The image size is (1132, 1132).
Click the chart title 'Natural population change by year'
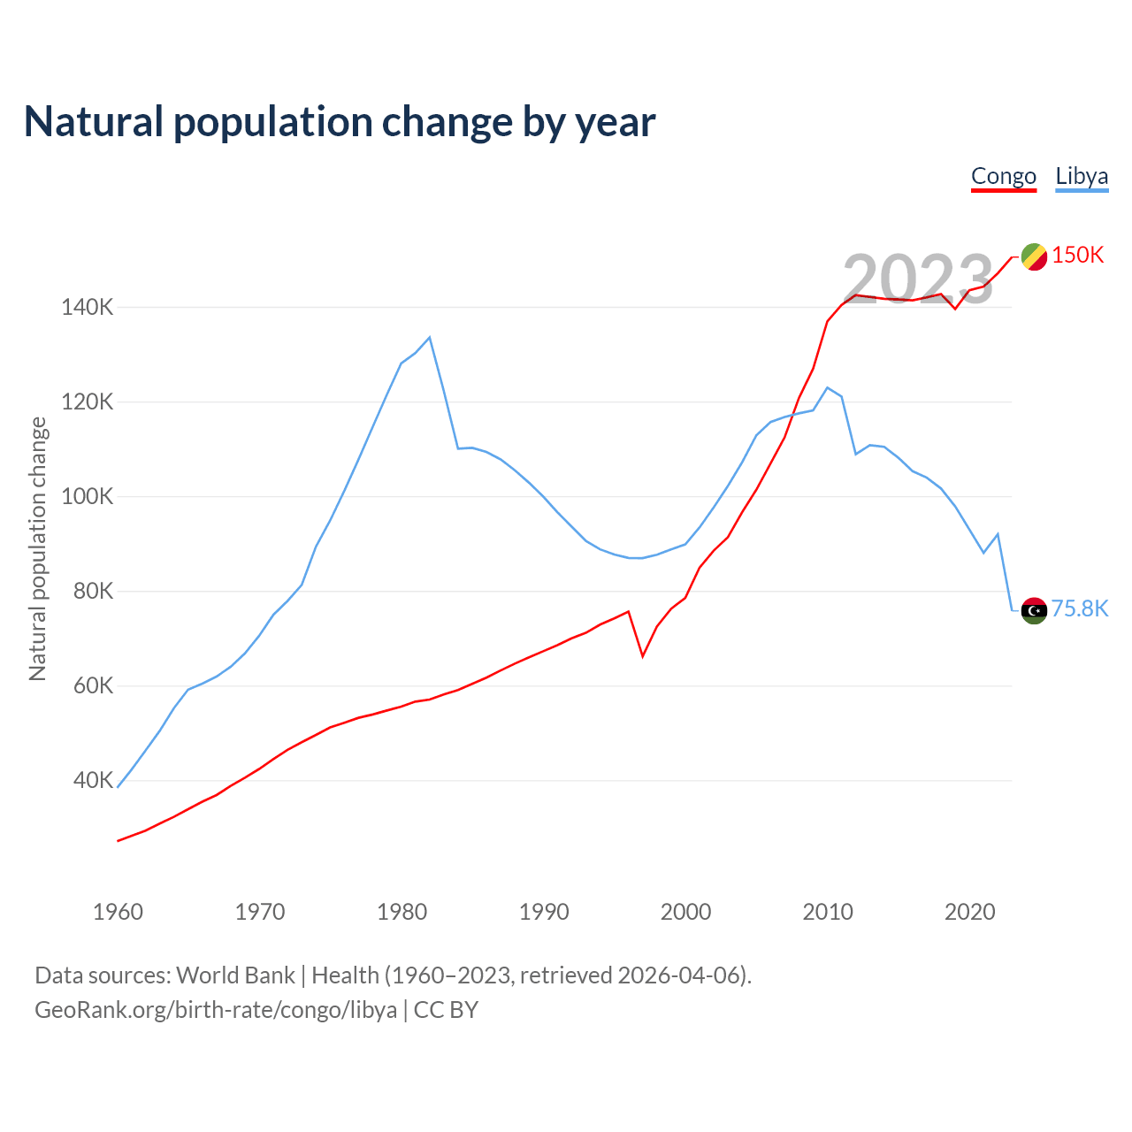340,122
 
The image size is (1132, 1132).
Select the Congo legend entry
1003,176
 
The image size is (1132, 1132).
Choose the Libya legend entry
1081,176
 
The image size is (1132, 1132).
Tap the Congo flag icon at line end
1034,256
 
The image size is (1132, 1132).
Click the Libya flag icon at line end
1034,610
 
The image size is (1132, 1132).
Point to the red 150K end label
1078,255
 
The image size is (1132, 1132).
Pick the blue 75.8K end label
1079,608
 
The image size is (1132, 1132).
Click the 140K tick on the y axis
88,308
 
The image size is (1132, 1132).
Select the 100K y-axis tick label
88,497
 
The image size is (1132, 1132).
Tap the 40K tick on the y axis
93,781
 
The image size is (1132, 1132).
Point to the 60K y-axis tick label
93,686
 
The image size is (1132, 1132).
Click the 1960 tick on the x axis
118,912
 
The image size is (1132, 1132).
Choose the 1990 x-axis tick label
544,912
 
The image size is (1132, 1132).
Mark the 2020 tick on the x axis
970,912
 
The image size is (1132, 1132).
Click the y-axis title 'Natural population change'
37,549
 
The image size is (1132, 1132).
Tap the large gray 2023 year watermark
918,279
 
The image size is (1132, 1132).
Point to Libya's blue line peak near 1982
430,337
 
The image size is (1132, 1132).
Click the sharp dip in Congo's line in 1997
643,655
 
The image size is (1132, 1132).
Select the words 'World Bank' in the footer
235,975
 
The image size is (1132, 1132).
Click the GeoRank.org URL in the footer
216,1010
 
